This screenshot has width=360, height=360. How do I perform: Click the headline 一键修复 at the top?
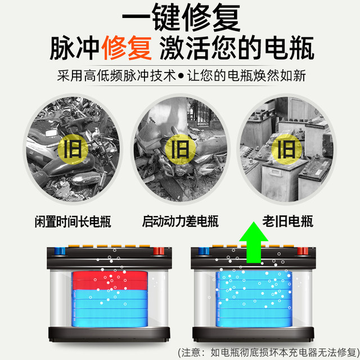tap(181, 17)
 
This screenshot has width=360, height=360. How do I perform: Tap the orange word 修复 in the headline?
tap(126, 48)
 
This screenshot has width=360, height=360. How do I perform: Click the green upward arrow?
tap(254, 242)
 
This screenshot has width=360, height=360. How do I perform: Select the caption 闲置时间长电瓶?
tap(73, 222)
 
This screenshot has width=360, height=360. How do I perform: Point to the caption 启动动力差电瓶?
tap(181, 221)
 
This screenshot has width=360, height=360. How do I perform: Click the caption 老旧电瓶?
tap(288, 221)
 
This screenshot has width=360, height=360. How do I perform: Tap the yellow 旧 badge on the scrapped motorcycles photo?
tap(73, 149)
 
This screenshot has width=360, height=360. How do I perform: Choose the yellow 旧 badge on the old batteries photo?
tap(286, 149)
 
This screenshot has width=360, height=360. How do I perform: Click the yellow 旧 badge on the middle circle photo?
tap(180, 149)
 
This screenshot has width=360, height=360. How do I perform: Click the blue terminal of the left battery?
tap(60, 251)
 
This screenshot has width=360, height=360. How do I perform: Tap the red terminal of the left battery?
tap(159, 251)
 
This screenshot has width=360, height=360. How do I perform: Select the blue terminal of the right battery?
tap(204, 251)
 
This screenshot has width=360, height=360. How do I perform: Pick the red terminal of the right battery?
tap(303, 251)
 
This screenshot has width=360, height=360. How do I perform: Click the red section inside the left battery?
tap(110, 281)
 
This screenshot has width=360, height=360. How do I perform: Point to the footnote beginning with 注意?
tap(269, 353)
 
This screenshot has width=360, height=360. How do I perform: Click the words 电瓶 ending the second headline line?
tap(289, 48)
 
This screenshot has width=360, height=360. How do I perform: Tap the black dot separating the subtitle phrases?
tap(181, 76)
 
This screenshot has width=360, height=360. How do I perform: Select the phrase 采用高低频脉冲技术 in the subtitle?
tap(116, 75)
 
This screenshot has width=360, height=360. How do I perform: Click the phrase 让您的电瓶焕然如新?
tap(246, 75)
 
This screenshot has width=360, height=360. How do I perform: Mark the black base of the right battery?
tap(253, 334)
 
